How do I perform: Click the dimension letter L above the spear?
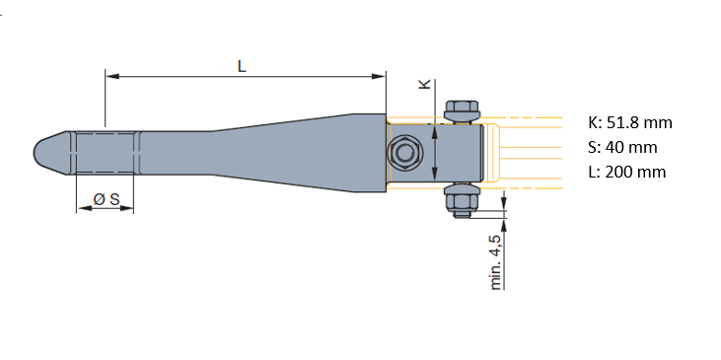tap(242, 66)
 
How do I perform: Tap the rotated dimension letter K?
tap(425, 84)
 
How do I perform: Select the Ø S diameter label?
tap(107, 199)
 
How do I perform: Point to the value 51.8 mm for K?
tap(639, 122)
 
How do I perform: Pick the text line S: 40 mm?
tap(622, 148)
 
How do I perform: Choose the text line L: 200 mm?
tap(627, 172)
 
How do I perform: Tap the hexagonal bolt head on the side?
tap(404, 153)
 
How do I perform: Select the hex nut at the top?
tap(463, 110)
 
